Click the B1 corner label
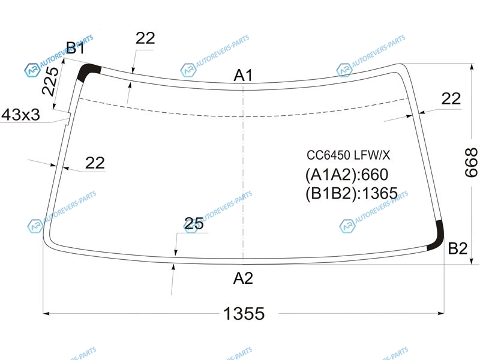pyautogui.click(x=76, y=48)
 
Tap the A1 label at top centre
pyautogui.click(x=244, y=75)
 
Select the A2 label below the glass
pyautogui.click(x=243, y=278)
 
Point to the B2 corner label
pyautogui.click(x=458, y=248)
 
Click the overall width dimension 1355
pyautogui.click(x=244, y=313)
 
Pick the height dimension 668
pyautogui.click(x=471, y=163)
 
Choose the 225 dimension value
pyautogui.click(x=50, y=81)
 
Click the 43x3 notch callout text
pyautogui.click(x=20, y=115)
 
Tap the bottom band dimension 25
pyautogui.click(x=194, y=223)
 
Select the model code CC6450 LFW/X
pyautogui.click(x=349, y=155)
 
